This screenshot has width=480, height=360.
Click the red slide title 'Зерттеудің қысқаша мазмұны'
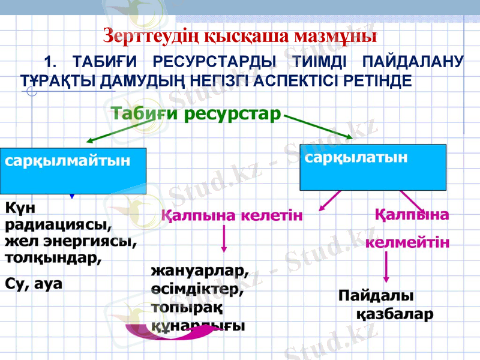click(240, 35)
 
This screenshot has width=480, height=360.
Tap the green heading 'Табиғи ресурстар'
click(196, 113)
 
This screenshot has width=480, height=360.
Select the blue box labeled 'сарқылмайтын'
click(73, 169)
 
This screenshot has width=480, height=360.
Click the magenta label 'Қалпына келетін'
click(231, 215)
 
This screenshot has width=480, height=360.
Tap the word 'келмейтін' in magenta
click(407, 242)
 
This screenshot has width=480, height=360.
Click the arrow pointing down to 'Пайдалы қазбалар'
click(386, 269)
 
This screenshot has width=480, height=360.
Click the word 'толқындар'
click(53, 259)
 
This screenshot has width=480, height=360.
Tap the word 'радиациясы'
click(59, 226)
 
